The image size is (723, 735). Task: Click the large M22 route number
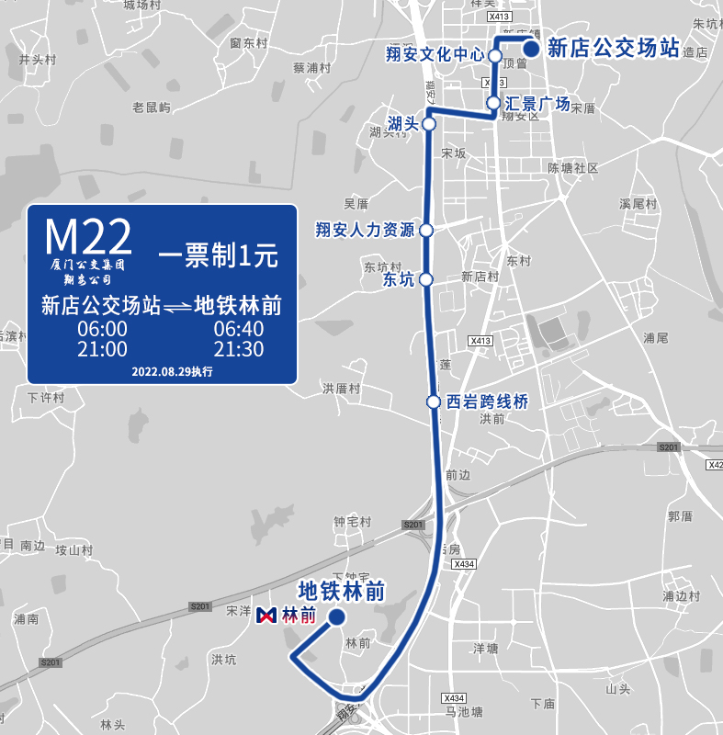(x=88, y=237)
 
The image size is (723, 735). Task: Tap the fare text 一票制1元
(x=218, y=256)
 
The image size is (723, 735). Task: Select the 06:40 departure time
(x=238, y=329)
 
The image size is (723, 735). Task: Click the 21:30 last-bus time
(x=238, y=349)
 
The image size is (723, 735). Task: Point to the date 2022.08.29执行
(x=172, y=372)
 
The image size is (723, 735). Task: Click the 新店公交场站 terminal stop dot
(x=530, y=49)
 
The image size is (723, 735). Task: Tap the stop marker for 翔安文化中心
(x=494, y=56)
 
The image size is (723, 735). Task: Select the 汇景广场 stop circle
(x=493, y=103)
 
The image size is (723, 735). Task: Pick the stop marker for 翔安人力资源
(x=426, y=230)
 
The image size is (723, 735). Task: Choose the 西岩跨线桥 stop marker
(x=433, y=401)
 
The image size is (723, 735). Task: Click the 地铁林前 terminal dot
(x=336, y=617)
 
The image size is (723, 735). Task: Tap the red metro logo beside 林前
(x=268, y=615)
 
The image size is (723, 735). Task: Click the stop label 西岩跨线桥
(x=487, y=401)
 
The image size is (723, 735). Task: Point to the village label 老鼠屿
(x=152, y=107)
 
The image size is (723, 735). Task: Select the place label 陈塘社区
(x=572, y=168)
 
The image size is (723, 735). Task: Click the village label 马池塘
(x=463, y=711)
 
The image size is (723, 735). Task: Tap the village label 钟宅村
(x=352, y=521)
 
